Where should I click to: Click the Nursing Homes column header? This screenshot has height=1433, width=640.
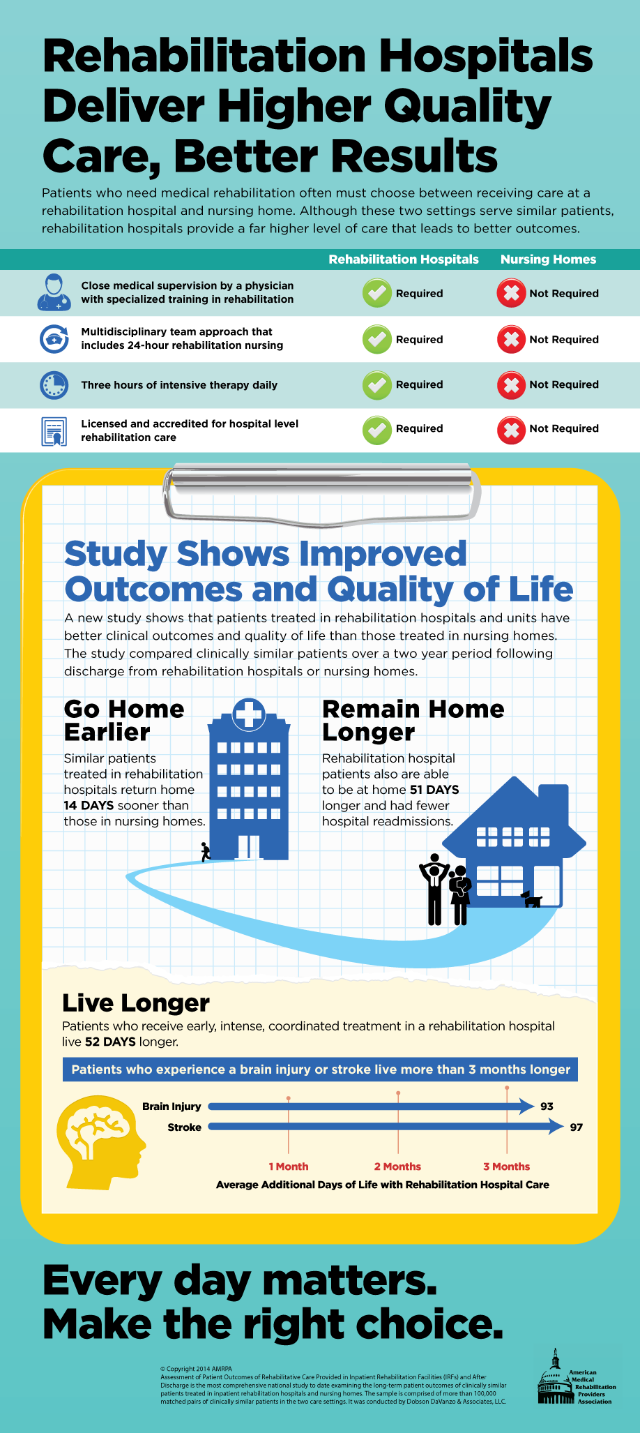pos(548,260)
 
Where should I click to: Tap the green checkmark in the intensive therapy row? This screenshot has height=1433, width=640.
pos(377,385)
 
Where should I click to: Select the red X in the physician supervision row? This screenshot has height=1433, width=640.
pos(511,293)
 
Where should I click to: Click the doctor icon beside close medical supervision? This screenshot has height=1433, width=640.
pos(54,292)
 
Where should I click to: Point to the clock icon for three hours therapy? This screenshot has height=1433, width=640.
pos(54,385)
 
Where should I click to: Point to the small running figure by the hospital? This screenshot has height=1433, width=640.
pos(205,852)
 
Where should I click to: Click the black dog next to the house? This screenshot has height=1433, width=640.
pos(532,899)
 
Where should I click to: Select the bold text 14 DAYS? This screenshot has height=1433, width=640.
pos(89,806)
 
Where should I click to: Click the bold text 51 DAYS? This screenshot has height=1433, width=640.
pos(434,790)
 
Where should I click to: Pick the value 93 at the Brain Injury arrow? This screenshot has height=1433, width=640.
pos(547,1106)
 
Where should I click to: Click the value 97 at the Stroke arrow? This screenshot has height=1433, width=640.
pos(576,1127)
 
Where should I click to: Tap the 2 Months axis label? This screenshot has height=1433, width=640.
pos(397,1166)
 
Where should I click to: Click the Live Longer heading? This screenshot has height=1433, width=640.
pos(136,1003)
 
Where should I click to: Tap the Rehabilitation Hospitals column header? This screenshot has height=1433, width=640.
pos(404,260)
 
